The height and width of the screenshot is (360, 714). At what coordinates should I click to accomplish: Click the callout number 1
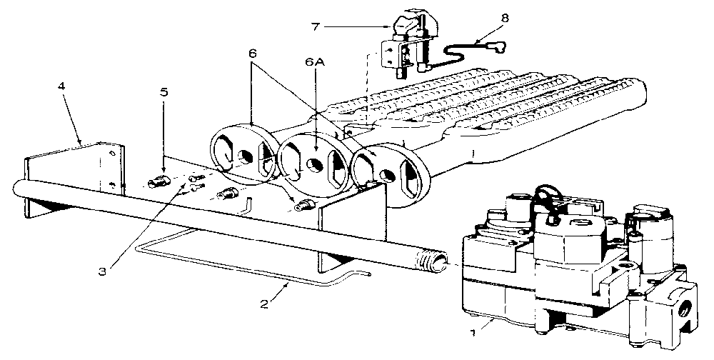pos(473,333)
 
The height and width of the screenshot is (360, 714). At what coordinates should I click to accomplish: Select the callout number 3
pos(102,271)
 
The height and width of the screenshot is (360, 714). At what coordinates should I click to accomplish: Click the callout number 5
pos(164,92)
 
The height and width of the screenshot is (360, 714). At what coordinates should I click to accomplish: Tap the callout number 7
pos(316,26)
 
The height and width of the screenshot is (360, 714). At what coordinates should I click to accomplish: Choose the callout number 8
pos(504,19)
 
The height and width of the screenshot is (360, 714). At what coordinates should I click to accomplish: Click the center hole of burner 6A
pos(312,164)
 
